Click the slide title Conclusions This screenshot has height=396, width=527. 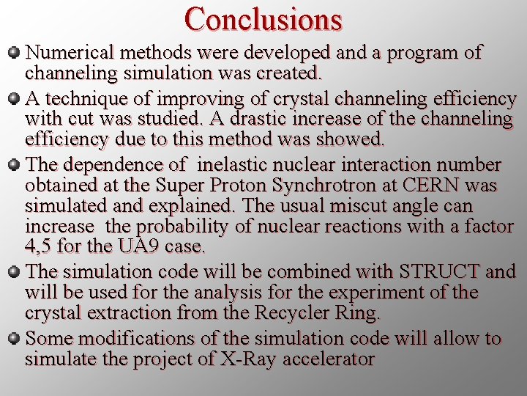[x=263, y=19]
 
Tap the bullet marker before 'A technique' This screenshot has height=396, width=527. [x=14, y=98]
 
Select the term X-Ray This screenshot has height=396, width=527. [x=242, y=359]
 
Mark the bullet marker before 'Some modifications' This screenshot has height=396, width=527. [x=14, y=339]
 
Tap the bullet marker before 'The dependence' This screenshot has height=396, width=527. [x=14, y=164]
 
